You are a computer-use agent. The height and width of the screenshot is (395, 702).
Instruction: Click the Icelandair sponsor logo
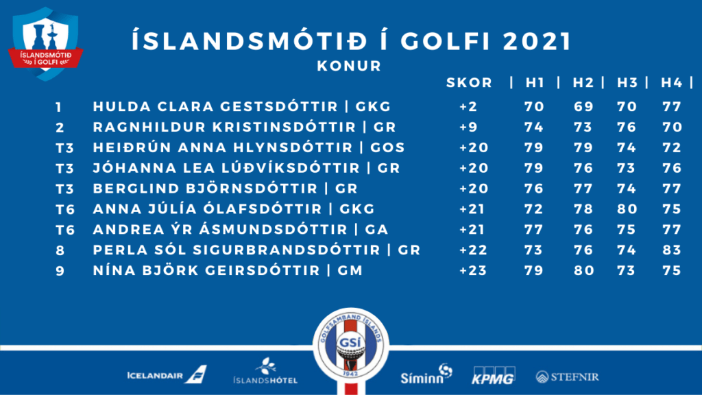point(167,374)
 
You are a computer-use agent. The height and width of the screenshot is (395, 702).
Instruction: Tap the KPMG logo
point(494,375)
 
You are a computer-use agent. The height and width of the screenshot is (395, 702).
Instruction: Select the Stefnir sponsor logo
point(567,377)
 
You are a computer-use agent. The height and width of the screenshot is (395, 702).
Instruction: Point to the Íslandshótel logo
point(265,371)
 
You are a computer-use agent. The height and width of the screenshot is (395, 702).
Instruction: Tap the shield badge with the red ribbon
point(45,43)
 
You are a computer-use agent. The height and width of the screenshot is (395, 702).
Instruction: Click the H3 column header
point(627,83)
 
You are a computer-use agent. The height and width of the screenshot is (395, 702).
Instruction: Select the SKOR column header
point(469,83)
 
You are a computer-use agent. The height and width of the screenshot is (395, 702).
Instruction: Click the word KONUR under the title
point(349,67)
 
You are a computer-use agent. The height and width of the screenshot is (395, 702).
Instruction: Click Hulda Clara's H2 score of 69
point(583,106)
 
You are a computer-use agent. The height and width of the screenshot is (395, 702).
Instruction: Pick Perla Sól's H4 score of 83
point(672,250)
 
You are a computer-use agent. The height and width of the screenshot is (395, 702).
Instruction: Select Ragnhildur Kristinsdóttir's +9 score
point(468,127)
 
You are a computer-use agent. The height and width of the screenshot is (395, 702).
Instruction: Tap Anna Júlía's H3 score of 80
point(627,209)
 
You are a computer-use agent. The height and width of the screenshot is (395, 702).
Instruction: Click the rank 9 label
point(60,271)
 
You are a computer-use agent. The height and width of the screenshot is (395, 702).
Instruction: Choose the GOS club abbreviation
point(387,148)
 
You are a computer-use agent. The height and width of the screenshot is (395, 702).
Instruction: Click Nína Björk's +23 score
point(473,270)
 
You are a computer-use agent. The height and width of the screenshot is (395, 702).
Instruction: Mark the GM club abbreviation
point(350,270)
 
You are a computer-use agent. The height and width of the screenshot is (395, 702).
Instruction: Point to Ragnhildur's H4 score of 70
point(672,127)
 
